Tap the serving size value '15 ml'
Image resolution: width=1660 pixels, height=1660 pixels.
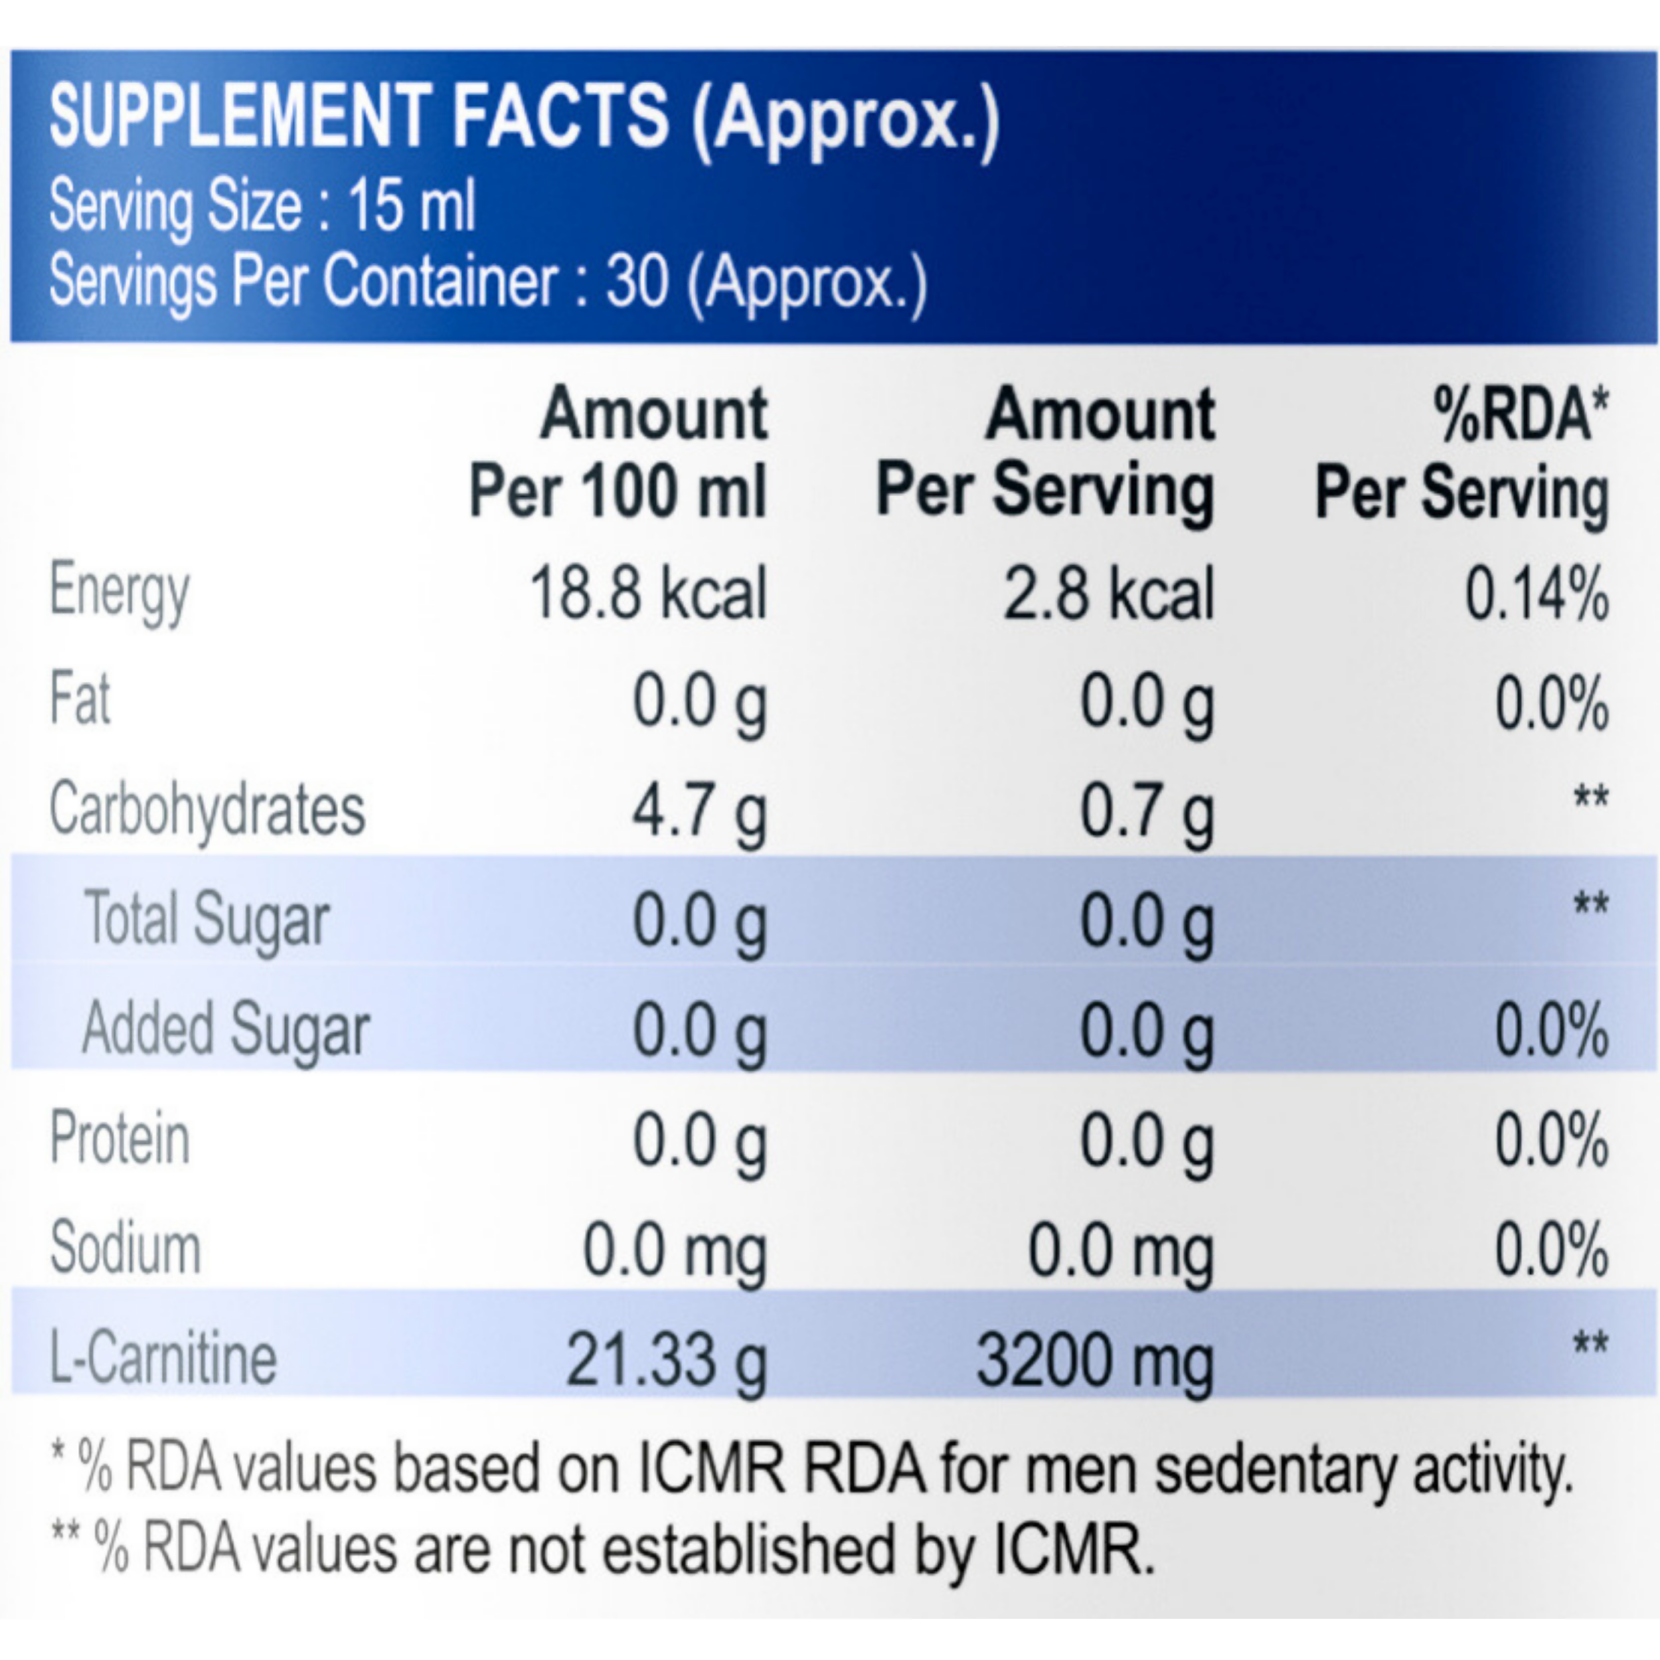[x=411, y=207]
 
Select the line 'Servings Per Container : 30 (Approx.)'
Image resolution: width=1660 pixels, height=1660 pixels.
[x=488, y=282]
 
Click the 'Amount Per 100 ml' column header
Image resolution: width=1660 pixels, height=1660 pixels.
[x=619, y=453]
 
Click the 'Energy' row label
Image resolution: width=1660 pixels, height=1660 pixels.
[x=120, y=593]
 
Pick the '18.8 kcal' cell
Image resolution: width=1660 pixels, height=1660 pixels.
[x=649, y=593]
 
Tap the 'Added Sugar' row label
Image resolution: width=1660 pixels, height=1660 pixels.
[x=226, y=1029]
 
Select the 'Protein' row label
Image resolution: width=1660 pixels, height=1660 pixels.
[x=120, y=1139]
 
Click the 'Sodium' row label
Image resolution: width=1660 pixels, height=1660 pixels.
[x=125, y=1248]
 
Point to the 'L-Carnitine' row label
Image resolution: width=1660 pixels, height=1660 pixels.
[x=163, y=1359]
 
